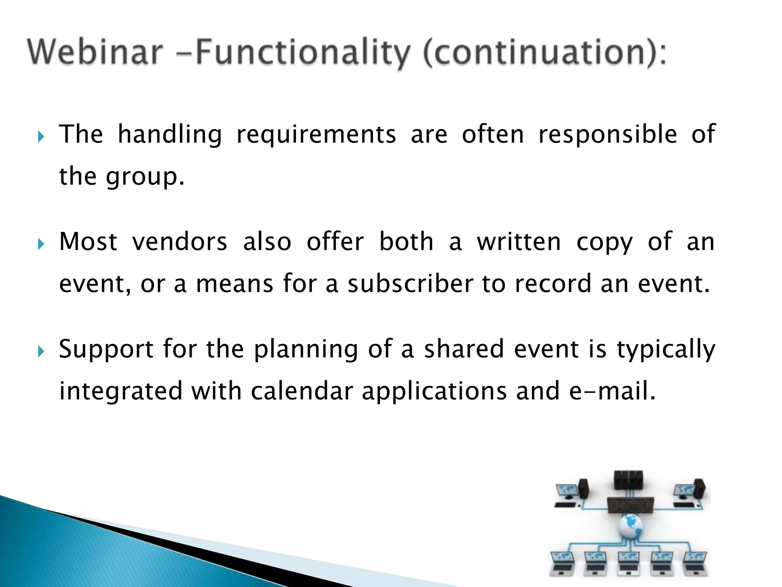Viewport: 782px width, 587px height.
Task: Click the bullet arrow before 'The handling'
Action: pos(41,136)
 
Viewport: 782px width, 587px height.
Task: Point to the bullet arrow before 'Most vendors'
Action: pos(41,244)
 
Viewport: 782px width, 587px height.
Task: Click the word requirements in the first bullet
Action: pos(316,135)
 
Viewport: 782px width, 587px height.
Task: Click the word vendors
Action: pos(179,242)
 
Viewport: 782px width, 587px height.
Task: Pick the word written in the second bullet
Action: pos(519,242)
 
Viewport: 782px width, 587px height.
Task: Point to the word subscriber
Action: pos(410,284)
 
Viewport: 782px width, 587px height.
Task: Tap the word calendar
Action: pos(302,391)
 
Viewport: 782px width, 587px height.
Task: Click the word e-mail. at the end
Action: pos(612,391)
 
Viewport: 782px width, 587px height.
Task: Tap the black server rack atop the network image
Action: pos(628,480)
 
